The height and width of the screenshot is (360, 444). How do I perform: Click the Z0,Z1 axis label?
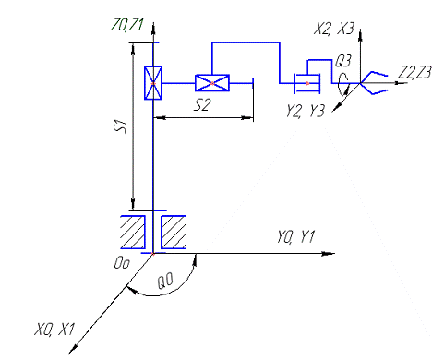click(x=127, y=26)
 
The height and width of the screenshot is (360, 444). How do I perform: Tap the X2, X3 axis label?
click(x=334, y=29)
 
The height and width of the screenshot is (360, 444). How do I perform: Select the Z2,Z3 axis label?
click(x=414, y=73)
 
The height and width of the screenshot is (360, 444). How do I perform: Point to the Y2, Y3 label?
click(x=306, y=111)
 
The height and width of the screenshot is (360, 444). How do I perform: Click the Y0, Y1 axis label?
click(x=296, y=237)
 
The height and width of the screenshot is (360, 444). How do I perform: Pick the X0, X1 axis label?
click(x=54, y=330)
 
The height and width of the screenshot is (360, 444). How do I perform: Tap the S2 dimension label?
click(x=202, y=105)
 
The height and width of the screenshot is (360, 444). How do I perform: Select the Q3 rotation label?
click(x=342, y=61)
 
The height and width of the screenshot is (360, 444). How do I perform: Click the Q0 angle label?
click(x=165, y=282)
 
